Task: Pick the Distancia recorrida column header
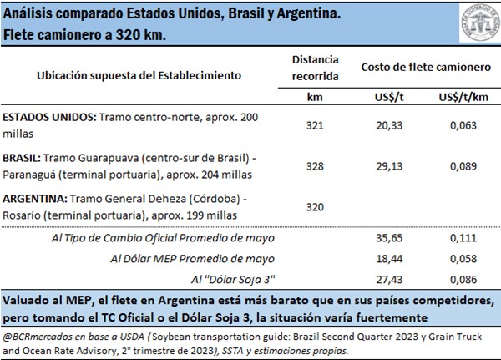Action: point(316,68)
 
